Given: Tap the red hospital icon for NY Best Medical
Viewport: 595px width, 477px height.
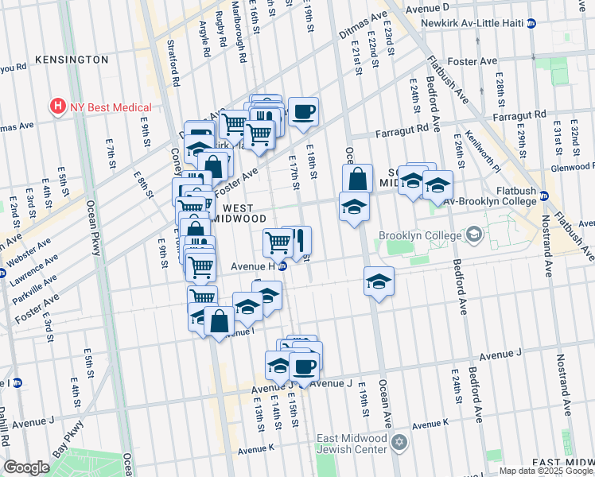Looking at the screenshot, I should (x=56, y=106).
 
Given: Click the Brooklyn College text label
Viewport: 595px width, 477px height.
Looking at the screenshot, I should (x=419, y=235).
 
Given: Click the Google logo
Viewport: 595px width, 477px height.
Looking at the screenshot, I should (x=26, y=467).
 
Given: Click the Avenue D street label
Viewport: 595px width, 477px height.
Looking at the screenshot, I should (x=427, y=8).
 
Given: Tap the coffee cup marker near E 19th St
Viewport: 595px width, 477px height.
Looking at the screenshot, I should (x=303, y=113).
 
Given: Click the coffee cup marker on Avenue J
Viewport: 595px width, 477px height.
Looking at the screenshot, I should (x=304, y=366).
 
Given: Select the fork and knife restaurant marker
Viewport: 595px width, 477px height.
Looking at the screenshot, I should (x=297, y=241).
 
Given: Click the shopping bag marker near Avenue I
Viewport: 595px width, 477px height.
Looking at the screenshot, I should (x=219, y=321).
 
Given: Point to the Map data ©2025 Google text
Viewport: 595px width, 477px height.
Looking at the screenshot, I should (x=546, y=471).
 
